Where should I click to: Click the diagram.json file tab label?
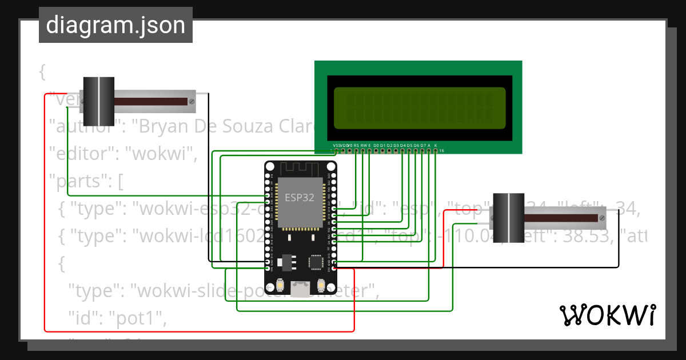pos(115,26)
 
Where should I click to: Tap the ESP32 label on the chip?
pos(300,198)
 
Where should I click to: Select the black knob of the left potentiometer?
pos(99,101)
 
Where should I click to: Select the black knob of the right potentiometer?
pos(508,218)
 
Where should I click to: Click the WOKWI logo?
pos(607,315)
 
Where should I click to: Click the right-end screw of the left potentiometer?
pos(193,102)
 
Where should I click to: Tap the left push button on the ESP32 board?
pos(281,284)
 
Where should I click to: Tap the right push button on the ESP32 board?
pos(321,284)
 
